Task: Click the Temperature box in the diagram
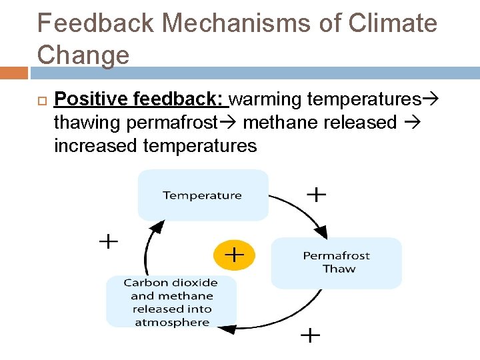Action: pos(203,195)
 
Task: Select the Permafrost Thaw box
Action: pos(336,263)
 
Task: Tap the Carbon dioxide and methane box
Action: pos(171,302)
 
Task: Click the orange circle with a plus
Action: pos(233,254)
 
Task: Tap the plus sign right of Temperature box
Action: pos(315,194)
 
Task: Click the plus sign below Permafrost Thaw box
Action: pos(310,335)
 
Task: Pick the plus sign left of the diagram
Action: pos(108,241)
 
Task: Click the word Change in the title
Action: pos(83,55)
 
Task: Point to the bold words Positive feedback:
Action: pos(141,99)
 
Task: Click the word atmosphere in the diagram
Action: pos(172,323)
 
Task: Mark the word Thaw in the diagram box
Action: pos(339,269)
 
